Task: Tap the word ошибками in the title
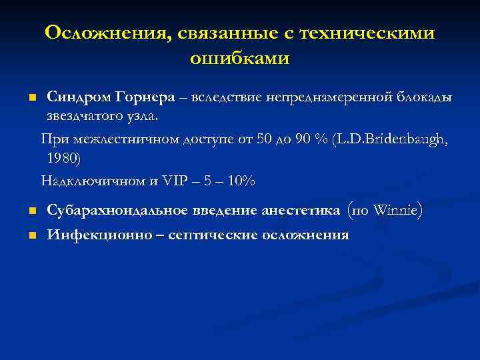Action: (x=240, y=58)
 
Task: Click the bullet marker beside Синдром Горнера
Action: (x=31, y=98)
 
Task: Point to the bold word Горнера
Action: (x=146, y=97)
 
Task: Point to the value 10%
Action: (x=241, y=181)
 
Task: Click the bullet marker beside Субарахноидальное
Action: (x=31, y=212)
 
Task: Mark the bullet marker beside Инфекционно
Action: (x=31, y=236)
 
